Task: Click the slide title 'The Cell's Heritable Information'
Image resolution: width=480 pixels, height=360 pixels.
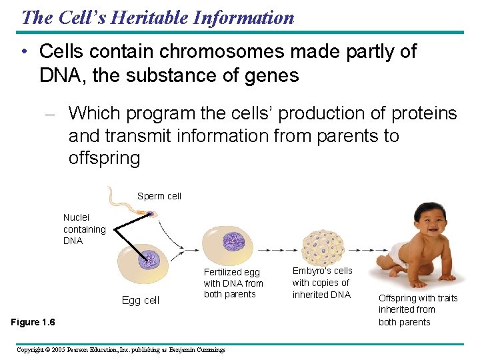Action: point(157,17)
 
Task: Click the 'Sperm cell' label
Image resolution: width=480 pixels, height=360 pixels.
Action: point(159,196)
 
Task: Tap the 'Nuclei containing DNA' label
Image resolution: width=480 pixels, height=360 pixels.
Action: point(84,229)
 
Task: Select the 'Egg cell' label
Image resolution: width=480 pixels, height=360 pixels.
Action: point(140,301)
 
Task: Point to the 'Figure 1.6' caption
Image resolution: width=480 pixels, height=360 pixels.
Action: point(33,323)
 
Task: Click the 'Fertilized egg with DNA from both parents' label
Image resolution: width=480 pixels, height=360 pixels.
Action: point(233,283)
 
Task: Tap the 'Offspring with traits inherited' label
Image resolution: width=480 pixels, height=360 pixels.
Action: point(418,310)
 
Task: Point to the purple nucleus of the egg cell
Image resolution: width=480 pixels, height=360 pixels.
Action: point(149,258)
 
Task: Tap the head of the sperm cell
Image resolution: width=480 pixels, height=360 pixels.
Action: point(149,214)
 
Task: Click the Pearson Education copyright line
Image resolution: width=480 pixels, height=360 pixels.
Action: point(121,349)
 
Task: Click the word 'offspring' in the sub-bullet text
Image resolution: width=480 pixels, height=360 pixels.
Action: point(104,159)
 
